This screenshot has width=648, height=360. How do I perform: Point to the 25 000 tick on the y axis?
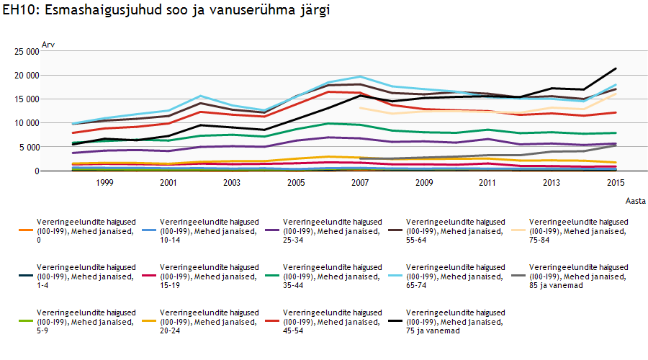[25, 52]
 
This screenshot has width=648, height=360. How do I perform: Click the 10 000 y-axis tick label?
[25, 123]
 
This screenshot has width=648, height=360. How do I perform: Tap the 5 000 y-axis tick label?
[27, 147]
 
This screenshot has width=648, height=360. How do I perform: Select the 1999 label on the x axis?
[104, 184]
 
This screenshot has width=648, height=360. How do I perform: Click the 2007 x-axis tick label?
[360, 184]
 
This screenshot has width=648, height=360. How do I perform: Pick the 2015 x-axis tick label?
[616, 184]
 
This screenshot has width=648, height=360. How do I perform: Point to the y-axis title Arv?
[48, 45]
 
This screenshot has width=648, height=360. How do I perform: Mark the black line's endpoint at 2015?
[616, 69]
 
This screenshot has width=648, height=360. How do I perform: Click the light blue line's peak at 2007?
[360, 76]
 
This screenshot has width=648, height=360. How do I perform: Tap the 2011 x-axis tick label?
[488, 184]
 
